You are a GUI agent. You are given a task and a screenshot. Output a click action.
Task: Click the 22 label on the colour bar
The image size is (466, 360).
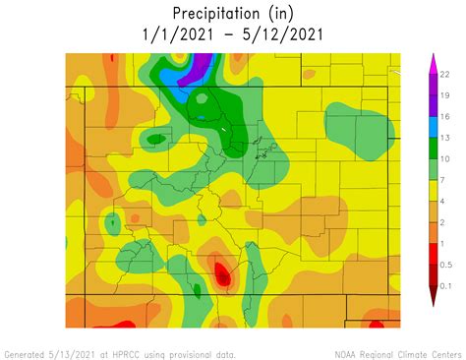(445, 74)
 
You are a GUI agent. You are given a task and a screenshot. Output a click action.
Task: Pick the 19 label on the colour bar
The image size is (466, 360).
(445, 95)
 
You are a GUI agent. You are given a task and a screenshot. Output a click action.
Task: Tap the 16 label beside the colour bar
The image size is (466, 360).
(445, 116)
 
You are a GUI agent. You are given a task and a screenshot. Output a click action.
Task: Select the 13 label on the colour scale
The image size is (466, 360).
(445, 138)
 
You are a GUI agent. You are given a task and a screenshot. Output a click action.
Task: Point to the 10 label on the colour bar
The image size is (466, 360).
(445, 158)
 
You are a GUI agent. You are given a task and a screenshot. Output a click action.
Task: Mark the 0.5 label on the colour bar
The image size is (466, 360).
(447, 265)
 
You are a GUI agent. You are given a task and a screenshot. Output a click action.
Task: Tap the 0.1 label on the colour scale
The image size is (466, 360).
(447, 285)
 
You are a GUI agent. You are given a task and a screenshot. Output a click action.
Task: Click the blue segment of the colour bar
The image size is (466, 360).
(432, 127)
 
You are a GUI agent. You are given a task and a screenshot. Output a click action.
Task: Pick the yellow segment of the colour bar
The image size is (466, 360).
(432, 190)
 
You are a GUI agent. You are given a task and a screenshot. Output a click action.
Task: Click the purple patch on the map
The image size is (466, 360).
(200, 65)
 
